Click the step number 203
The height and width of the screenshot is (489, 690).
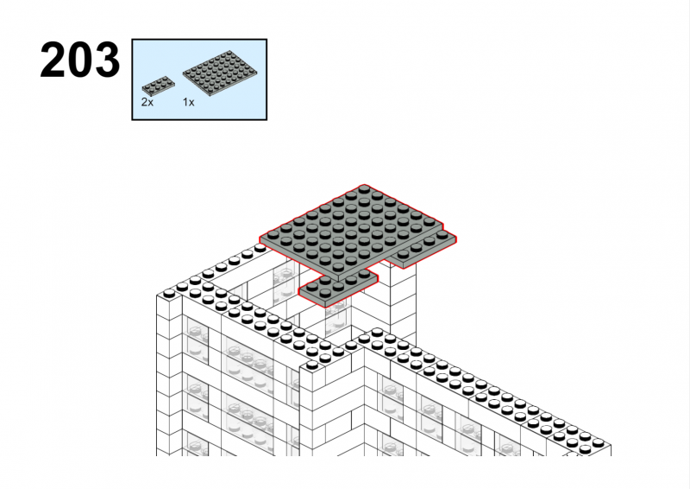tap(79, 60)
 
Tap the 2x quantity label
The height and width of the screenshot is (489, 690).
tap(147, 102)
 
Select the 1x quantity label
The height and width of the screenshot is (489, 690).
tap(188, 102)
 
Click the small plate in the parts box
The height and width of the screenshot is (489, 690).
tap(158, 86)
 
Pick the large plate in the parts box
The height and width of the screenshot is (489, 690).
tap(220, 73)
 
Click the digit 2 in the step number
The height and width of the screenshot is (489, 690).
tap(53, 60)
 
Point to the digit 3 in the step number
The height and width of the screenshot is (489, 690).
tap(107, 60)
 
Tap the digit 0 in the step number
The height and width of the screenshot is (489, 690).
tap(80, 60)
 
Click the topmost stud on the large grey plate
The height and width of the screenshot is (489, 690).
tap(364, 189)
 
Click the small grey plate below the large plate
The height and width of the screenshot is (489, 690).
tap(338, 288)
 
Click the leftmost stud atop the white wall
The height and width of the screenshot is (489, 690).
tap(169, 293)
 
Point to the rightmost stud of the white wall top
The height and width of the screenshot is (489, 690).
tap(598, 442)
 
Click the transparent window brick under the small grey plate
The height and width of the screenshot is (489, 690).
tap(338, 318)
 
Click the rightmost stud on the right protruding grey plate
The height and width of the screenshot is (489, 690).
tap(442, 235)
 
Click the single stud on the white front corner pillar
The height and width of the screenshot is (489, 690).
tap(312, 365)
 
